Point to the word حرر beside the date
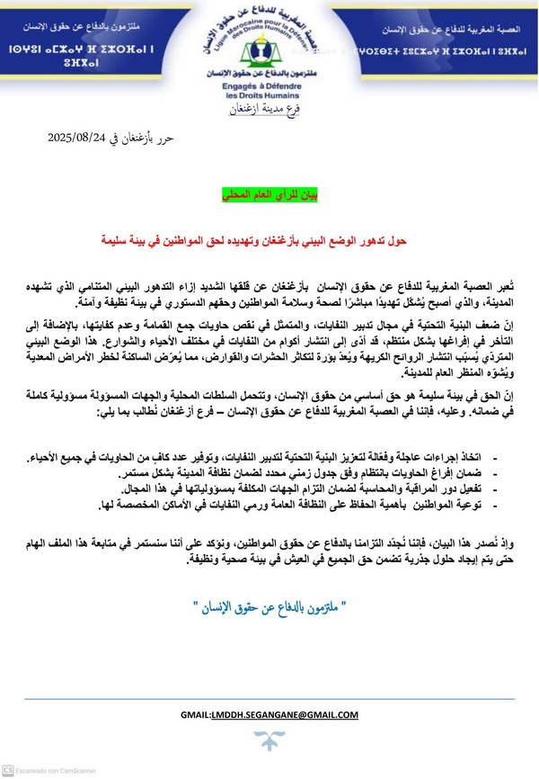(171, 139)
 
